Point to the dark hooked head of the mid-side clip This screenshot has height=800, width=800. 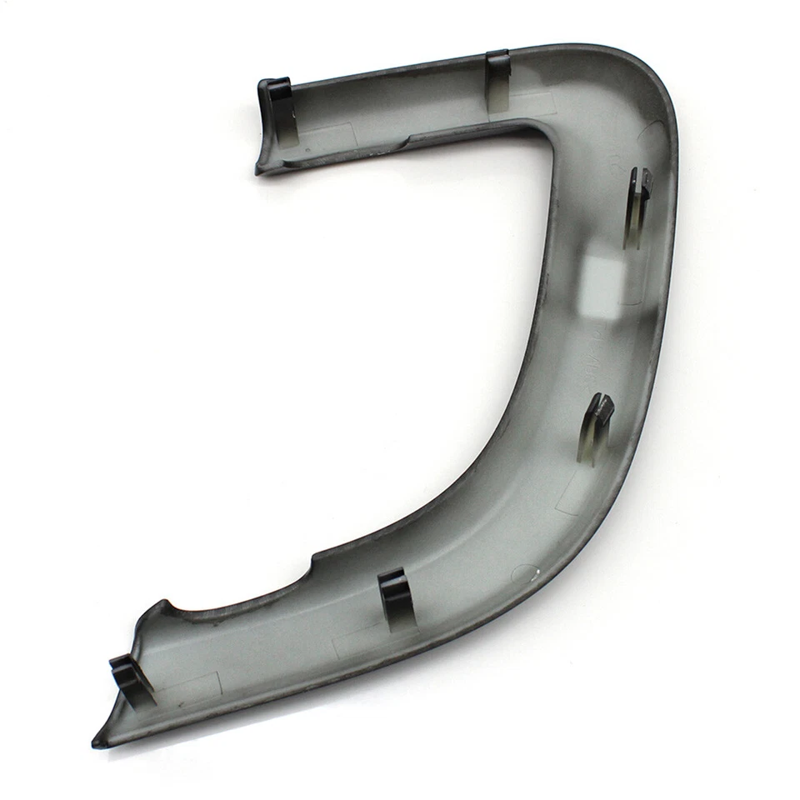(x=601, y=407)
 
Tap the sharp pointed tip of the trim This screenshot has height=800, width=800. (x=97, y=741)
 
